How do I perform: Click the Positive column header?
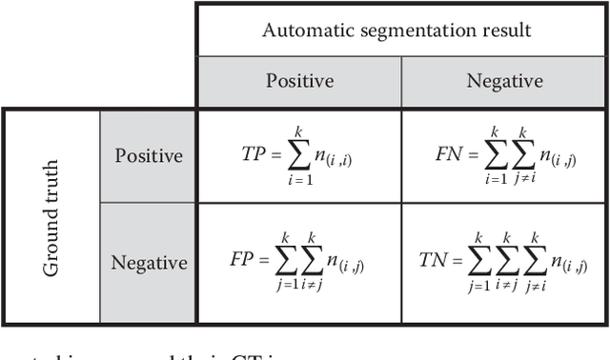coord(299,81)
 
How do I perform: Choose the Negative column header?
coord(503,81)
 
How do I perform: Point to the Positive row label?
coord(149,155)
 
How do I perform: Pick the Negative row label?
coord(149,262)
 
